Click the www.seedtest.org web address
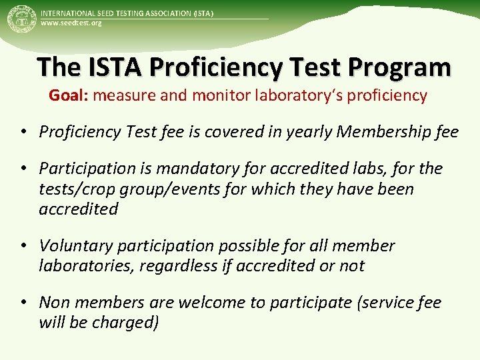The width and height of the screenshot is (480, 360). coord(71,23)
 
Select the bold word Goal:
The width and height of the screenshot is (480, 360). coord(69,95)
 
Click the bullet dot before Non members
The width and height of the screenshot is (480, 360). coord(23,302)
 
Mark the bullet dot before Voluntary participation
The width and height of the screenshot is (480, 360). coord(23,245)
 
